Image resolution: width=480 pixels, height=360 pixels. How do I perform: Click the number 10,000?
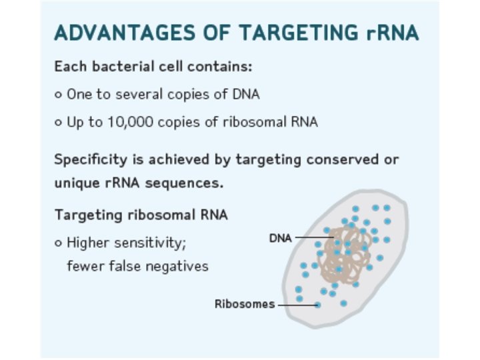(127, 122)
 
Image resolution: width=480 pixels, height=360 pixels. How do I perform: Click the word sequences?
(188, 182)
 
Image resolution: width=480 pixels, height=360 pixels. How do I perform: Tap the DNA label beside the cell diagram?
(280, 238)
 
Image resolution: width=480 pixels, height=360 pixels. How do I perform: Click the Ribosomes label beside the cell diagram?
(244, 304)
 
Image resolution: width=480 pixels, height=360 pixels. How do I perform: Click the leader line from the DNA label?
(312, 237)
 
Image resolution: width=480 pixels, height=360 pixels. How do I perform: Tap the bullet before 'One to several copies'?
(59, 95)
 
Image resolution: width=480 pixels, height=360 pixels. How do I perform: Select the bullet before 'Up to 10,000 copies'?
(59, 123)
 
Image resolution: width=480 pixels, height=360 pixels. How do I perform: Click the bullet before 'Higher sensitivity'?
(59, 243)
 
